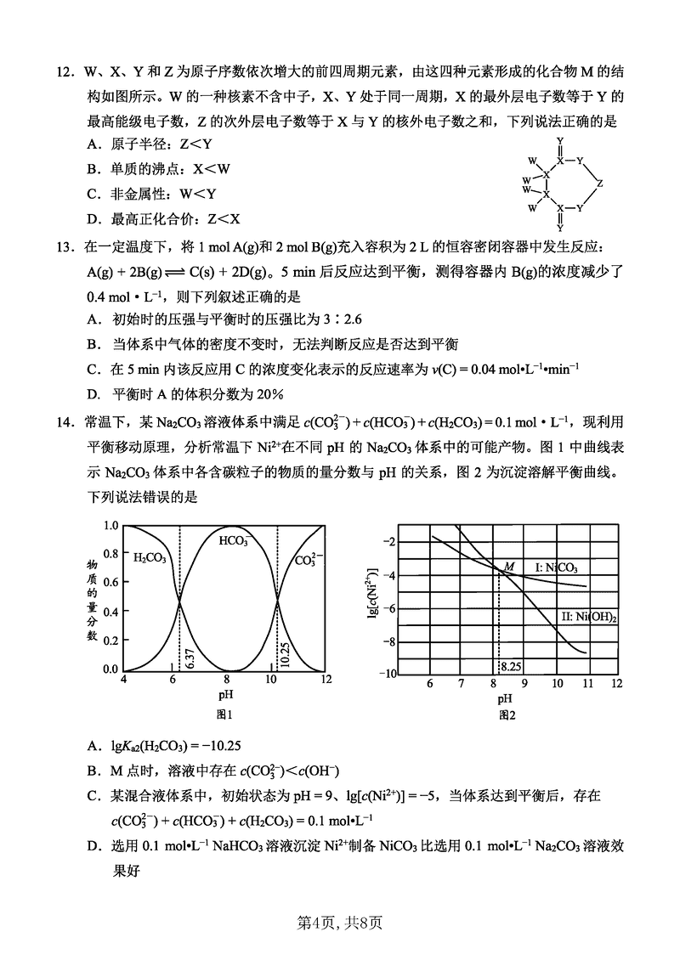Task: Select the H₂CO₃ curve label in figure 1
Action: click(x=150, y=558)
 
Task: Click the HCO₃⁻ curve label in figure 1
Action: click(x=233, y=540)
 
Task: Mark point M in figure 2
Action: click(x=509, y=566)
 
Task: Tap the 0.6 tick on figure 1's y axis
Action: click(x=111, y=582)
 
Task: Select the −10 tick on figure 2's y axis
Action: click(x=388, y=674)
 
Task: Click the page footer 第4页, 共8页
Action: click(x=339, y=921)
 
